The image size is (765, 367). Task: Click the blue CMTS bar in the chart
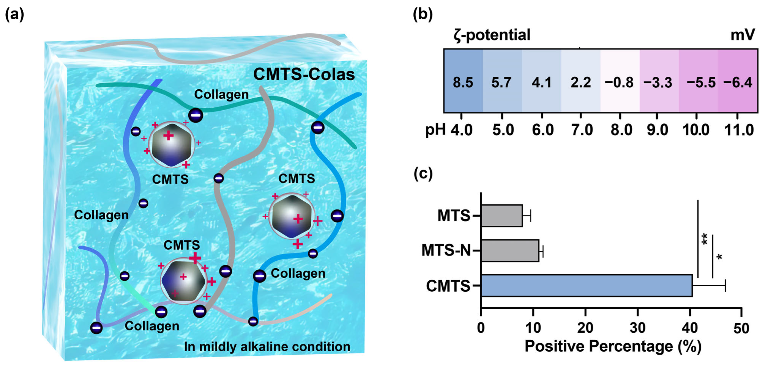click(587, 285)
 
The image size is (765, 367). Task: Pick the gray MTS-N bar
click(510, 250)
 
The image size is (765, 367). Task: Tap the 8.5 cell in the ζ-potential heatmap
click(463, 82)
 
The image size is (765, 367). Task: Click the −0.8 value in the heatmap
click(619, 82)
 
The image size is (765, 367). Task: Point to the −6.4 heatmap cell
click(738, 82)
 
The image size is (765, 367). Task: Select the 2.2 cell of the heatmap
click(581, 82)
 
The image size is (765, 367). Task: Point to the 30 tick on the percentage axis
click(637, 328)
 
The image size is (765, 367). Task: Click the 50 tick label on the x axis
click(741, 328)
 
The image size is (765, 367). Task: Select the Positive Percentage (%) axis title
click(613, 346)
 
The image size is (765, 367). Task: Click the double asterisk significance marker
click(704, 239)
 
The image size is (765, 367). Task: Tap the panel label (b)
click(423, 14)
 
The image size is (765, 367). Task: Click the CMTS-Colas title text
click(304, 74)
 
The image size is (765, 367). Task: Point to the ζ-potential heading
click(492, 35)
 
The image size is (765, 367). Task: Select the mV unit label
click(742, 35)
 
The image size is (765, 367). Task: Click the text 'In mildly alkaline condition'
click(267, 347)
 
